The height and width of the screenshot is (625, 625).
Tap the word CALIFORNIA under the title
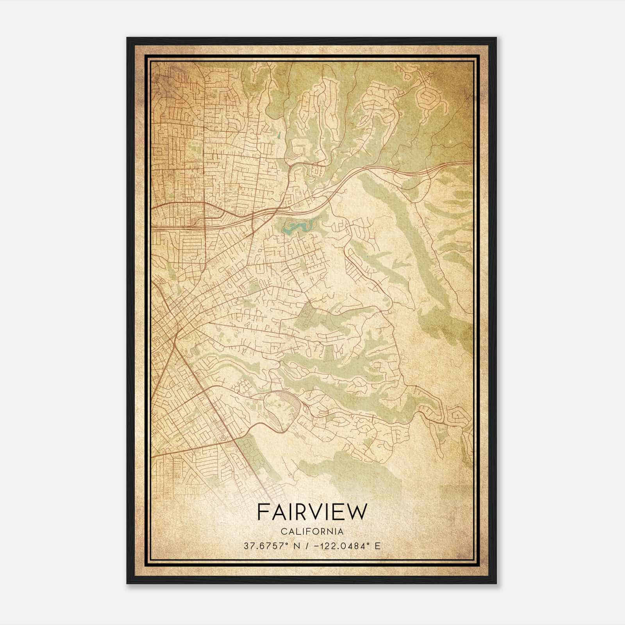tap(312, 531)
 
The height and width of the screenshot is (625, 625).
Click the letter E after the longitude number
tap(377, 546)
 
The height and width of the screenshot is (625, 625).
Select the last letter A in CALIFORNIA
tap(341, 531)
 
